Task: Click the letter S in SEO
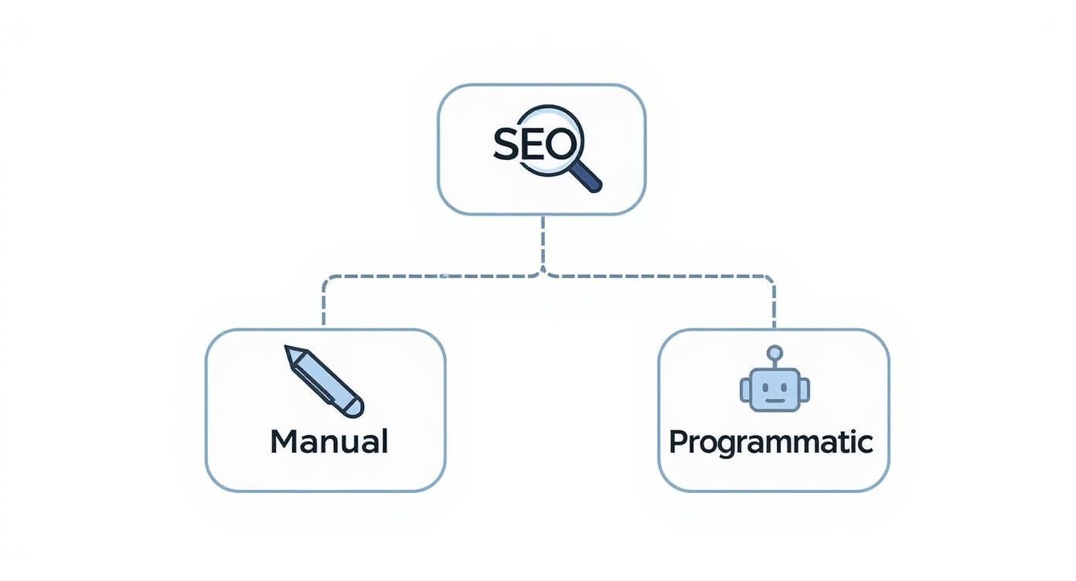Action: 506,144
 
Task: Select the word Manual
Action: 329,441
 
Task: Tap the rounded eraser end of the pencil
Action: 355,408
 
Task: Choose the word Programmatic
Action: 770,442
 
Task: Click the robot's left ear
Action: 745,389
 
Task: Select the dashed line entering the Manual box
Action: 324,309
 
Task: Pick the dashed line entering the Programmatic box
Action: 774,309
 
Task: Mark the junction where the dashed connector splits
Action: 543,274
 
